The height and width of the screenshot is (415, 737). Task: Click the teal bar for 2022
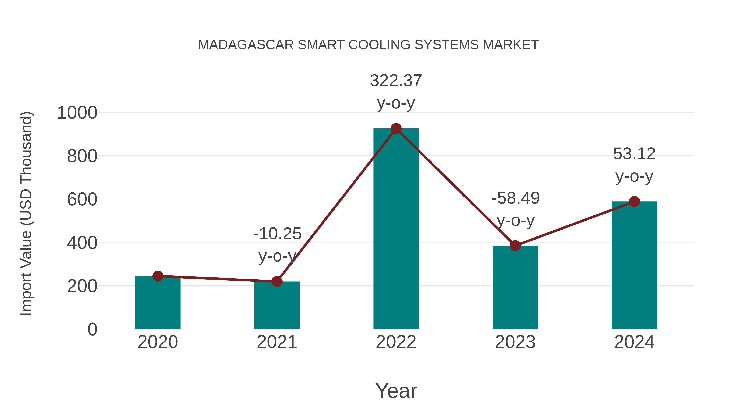pyautogui.click(x=396, y=229)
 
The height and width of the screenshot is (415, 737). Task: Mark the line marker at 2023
pyautogui.click(x=515, y=246)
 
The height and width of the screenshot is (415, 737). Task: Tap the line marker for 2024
pyautogui.click(x=634, y=202)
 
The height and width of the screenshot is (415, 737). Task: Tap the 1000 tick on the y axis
pyautogui.click(x=77, y=113)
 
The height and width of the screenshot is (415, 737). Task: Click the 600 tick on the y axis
pyautogui.click(x=82, y=200)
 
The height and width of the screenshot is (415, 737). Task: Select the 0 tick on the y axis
pyautogui.click(x=92, y=329)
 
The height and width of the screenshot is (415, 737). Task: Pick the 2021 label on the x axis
pyautogui.click(x=277, y=342)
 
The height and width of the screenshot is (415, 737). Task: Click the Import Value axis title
pyautogui.click(x=26, y=213)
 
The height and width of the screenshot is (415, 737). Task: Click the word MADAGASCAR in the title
pyautogui.click(x=246, y=45)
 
